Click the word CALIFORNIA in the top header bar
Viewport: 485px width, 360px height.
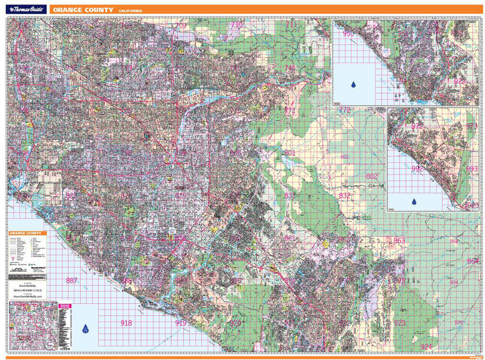pos(130,10)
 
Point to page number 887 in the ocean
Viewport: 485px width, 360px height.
pos(72,281)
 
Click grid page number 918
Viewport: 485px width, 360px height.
pos(126,323)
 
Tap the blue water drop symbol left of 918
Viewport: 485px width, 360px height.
pos(86,328)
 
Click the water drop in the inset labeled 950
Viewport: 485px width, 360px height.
pos(353,85)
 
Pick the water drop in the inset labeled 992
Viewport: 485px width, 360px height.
pos(415,201)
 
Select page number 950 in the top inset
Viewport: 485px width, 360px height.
pos(348,34)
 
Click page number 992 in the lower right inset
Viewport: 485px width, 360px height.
pos(417,168)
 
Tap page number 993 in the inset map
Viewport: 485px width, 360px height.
pos(472,169)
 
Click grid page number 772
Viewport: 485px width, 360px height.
pos(345,110)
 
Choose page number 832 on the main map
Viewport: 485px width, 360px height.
pos(344,196)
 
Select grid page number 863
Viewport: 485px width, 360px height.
pos(399,241)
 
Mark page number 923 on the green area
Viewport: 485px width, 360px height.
pos(399,323)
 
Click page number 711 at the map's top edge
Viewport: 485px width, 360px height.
pos(290,24)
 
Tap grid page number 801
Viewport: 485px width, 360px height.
pos(290,153)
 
